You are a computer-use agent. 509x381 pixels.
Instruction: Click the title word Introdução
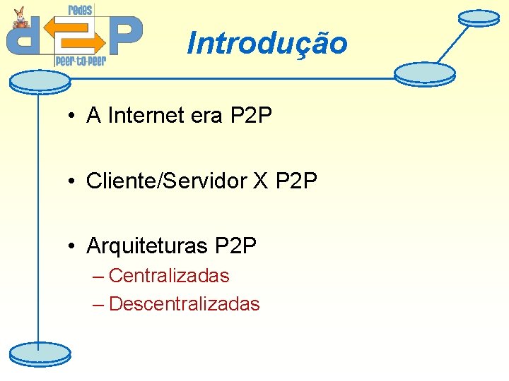click(267, 43)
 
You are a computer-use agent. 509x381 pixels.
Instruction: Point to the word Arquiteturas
click(146, 246)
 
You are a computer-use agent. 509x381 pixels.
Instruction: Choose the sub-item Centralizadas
click(169, 276)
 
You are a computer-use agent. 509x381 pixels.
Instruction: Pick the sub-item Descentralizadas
click(185, 304)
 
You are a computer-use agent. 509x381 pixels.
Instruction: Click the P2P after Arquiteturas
click(235, 246)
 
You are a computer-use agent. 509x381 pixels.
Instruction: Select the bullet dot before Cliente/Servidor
click(73, 182)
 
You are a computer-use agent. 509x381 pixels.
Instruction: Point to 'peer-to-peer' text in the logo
click(81, 61)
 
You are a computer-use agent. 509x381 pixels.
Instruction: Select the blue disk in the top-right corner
click(479, 17)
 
